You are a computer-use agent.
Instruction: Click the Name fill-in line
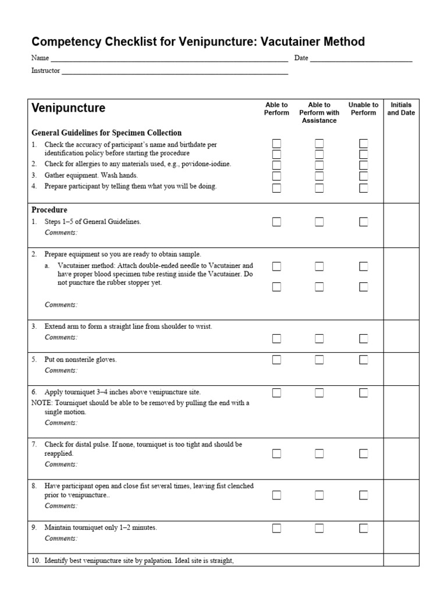tap(169, 59)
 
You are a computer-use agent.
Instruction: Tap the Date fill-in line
tap(361, 59)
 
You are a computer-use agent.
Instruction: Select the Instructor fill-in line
tap(175, 72)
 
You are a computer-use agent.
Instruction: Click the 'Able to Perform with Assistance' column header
tap(319, 112)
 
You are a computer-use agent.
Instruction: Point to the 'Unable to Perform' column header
tap(363, 109)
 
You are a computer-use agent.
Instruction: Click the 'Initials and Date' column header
tap(401, 109)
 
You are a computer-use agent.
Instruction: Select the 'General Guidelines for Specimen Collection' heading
tap(106, 133)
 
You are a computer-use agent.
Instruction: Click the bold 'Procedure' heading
tap(49, 210)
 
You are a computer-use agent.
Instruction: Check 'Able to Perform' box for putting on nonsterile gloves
tap(276, 360)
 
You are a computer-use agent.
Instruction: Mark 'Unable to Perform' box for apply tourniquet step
tap(363, 393)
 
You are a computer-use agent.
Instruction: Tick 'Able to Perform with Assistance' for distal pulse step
tap(319, 453)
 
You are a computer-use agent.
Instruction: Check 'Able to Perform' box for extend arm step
tap(276, 338)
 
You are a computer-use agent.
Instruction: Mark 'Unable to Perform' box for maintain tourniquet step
tap(363, 528)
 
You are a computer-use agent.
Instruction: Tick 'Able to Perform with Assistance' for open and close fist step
tap(319, 495)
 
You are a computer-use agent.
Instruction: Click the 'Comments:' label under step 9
tap(61, 538)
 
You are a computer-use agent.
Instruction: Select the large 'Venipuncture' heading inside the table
tap(68, 108)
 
